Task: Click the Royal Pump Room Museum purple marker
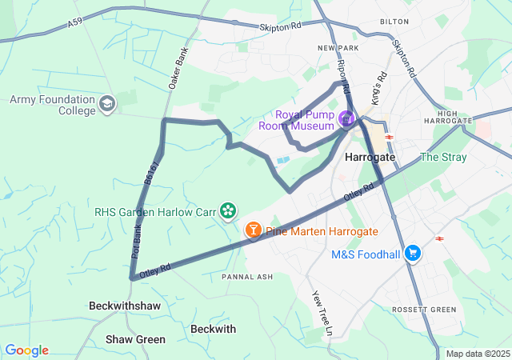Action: tap(346, 120)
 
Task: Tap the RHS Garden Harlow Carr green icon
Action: tap(228, 210)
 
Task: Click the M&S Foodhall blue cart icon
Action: tap(413, 254)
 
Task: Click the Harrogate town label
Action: tap(370, 158)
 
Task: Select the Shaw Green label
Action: tap(135, 339)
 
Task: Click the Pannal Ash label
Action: tap(247, 276)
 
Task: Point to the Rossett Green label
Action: tap(424, 310)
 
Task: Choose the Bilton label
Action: tap(394, 22)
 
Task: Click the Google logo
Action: tap(26, 350)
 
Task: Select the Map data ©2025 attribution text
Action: tap(478, 354)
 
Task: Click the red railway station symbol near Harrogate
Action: tap(390, 137)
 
